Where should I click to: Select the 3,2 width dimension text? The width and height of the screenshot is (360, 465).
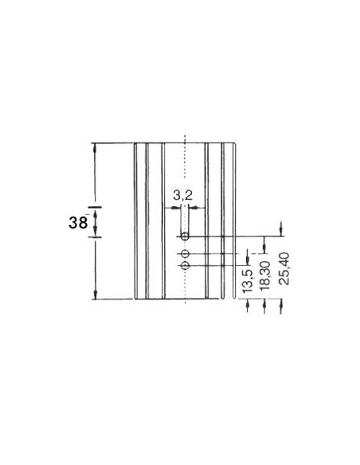point(182,194)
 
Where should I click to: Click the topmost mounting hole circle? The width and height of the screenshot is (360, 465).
point(184,236)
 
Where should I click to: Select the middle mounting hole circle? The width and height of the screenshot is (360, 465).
point(184,252)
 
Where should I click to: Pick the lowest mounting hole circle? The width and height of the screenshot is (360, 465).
point(184,264)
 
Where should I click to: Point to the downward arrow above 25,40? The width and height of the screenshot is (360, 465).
point(281,229)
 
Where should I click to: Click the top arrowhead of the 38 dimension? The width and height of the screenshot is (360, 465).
point(95,147)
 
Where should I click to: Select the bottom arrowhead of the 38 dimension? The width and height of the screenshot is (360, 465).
point(95,295)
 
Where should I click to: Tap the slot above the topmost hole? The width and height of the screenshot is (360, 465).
point(184,218)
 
